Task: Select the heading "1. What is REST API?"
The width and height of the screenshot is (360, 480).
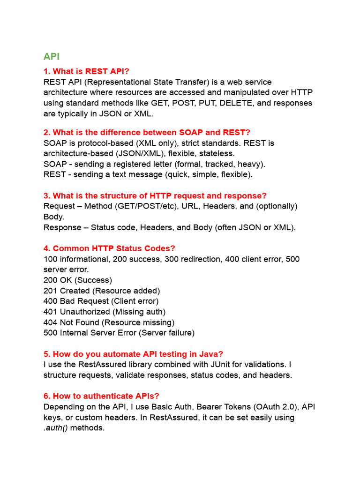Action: point(86,71)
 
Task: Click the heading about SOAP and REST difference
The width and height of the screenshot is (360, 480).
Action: point(147,133)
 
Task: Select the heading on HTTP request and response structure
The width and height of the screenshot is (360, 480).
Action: point(155,195)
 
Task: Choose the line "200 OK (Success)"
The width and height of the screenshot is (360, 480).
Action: point(78,280)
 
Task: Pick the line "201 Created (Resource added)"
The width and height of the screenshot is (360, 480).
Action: point(102,291)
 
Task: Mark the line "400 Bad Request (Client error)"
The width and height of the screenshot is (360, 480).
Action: point(101,301)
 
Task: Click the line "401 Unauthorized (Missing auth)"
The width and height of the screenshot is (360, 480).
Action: point(105,312)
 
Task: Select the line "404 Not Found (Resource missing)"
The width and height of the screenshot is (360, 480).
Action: point(109,322)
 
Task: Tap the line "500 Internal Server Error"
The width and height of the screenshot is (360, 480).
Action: point(119,333)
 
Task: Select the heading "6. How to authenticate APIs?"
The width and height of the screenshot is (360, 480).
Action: point(105,396)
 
